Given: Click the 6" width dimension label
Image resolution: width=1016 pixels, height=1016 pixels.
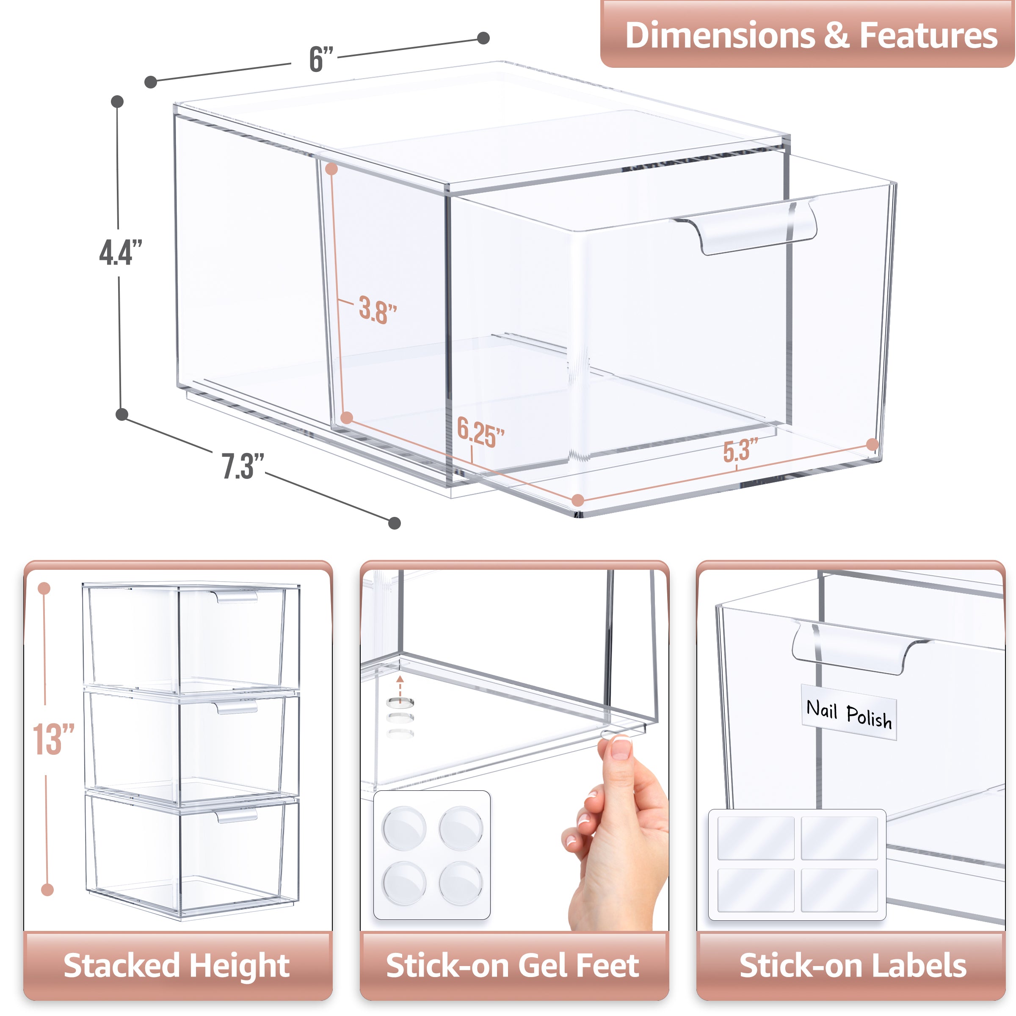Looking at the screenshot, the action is pos(321,59).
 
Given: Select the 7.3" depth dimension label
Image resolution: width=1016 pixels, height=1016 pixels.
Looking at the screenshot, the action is pos(243,466).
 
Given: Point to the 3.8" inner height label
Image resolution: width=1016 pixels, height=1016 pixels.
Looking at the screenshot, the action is pos(378,310).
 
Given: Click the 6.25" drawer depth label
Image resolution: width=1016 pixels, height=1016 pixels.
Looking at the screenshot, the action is pos(480,432).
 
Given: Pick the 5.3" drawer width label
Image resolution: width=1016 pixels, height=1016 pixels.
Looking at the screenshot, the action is pos(740,450).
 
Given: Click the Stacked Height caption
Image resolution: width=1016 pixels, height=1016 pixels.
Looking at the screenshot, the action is pos(177,966).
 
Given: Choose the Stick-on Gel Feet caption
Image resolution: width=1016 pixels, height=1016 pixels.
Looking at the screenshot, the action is pos(513,966).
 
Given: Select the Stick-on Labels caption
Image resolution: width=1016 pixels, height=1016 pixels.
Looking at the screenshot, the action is pos(853,966).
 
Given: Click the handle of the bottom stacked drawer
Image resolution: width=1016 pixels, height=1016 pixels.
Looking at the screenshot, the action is pos(236,815).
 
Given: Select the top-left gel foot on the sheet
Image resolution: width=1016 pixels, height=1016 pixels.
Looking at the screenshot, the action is pos(404,827).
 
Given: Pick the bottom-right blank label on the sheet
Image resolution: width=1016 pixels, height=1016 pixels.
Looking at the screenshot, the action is pos(839,890).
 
